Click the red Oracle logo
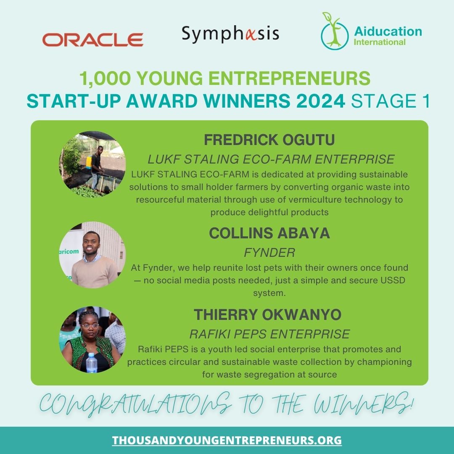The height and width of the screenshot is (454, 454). tap(92, 40)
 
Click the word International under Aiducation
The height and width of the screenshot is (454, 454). tap(380, 42)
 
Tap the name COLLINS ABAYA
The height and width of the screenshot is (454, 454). tap(269, 234)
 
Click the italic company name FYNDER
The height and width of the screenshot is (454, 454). tap(269, 253)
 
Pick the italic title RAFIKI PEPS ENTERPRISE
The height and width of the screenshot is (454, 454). tap(269, 334)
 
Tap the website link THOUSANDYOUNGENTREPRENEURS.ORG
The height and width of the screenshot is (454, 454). tap(227, 441)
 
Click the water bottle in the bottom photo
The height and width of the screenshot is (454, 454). tap(91, 363)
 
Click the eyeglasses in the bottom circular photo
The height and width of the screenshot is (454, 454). tap(90, 326)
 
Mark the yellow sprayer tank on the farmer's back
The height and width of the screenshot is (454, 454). tap(89, 161)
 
